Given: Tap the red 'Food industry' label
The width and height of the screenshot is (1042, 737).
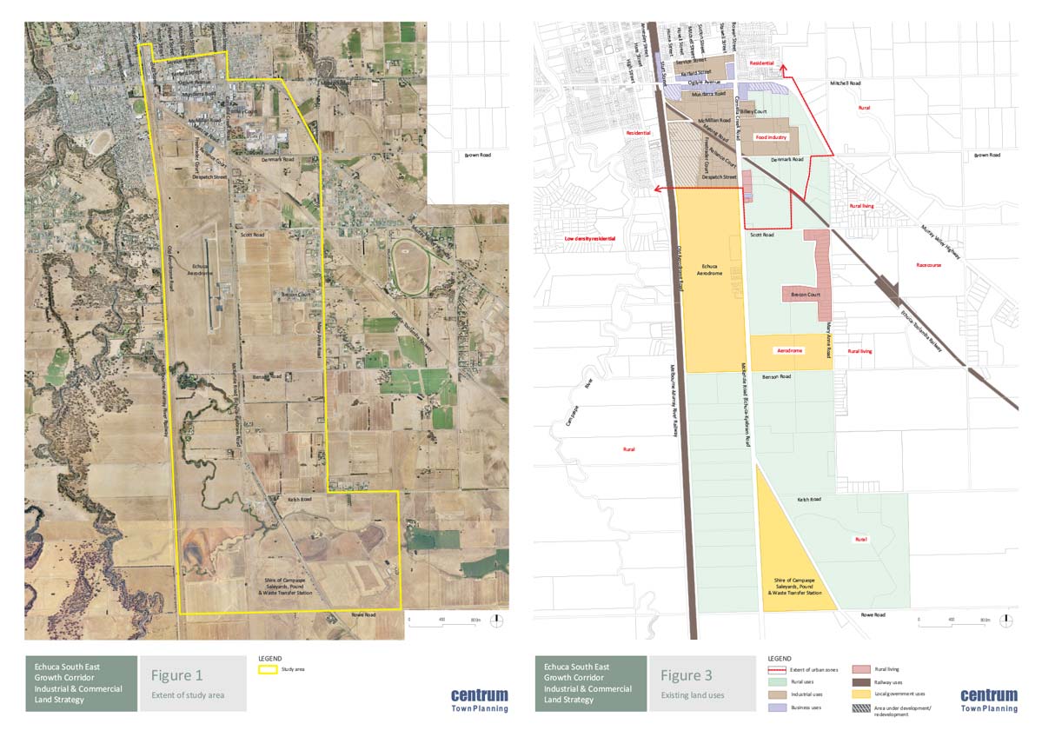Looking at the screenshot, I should coord(770,137).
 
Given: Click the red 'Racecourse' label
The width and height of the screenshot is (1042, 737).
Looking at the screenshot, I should coord(931,264).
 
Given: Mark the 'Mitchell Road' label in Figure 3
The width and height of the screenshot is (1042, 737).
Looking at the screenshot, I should coord(844,83).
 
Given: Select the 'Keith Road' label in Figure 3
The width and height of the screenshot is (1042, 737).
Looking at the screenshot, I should coord(809,499).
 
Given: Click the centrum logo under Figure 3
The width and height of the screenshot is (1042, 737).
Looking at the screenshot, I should coord(988,695).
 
